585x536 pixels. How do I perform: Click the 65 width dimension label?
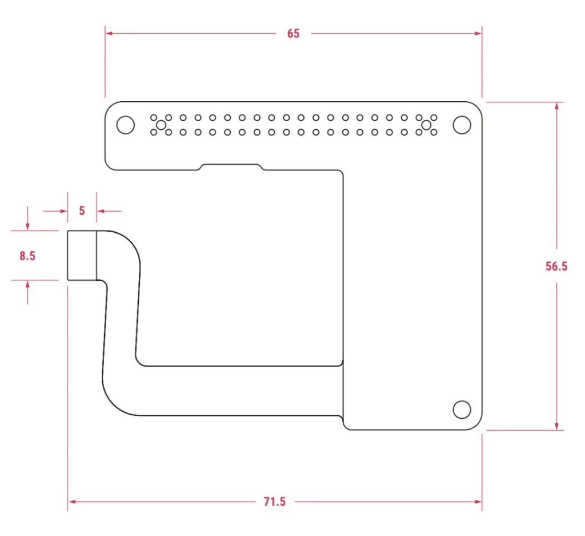pyautogui.click(x=293, y=34)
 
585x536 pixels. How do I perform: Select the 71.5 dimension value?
pyautogui.click(x=275, y=502)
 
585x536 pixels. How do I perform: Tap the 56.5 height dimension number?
pyautogui.click(x=556, y=266)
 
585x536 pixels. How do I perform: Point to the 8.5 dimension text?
pyautogui.click(x=27, y=256)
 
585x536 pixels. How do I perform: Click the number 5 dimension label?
pyautogui.click(x=82, y=211)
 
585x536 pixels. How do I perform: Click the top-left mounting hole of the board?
pyautogui.click(x=125, y=125)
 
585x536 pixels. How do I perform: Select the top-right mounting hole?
pyautogui.click(x=462, y=125)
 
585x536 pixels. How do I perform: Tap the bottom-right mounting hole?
pyautogui.click(x=462, y=410)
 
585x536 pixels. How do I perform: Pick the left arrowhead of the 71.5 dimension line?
pyautogui.click(x=72, y=502)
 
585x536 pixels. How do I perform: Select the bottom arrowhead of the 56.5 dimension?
pyautogui.click(x=556, y=426)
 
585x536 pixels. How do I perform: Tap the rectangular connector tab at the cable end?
pyautogui.click(x=82, y=255)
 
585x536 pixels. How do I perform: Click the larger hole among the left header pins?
pyautogui.click(x=161, y=125)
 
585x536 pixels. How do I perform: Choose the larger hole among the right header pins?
pyautogui.click(x=426, y=125)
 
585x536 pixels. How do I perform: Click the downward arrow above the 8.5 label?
pyautogui.click(x=27, y=226)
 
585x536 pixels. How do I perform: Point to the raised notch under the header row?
pyautogui.click(x=231, y=166)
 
